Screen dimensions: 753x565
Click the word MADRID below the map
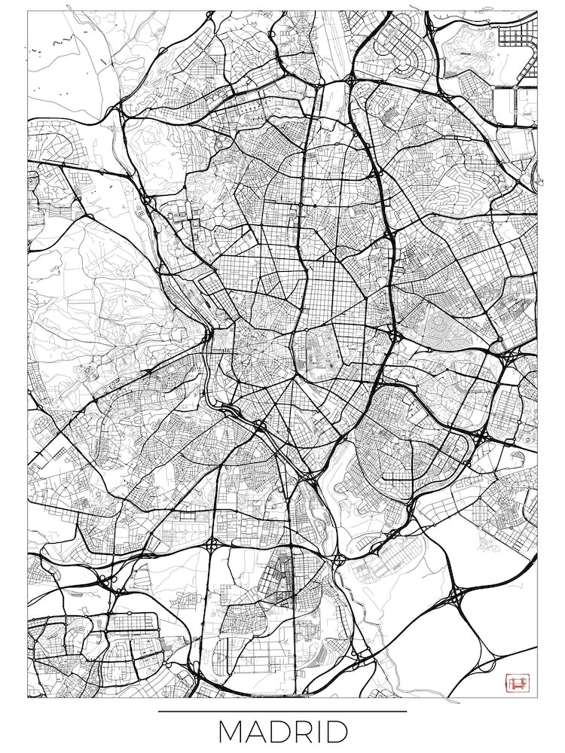coord(282,732)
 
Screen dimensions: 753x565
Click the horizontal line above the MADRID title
coord(282,711)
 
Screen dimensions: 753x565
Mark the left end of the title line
coord(159,711)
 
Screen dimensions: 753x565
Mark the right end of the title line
coord(406,711)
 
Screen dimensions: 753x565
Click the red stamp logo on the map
coord(518,683)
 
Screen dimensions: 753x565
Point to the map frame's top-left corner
coord(28,11)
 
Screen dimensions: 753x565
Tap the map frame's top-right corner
coord(537,11)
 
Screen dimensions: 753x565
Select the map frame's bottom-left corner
coord(28,697)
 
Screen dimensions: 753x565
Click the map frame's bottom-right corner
coord(537,697)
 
